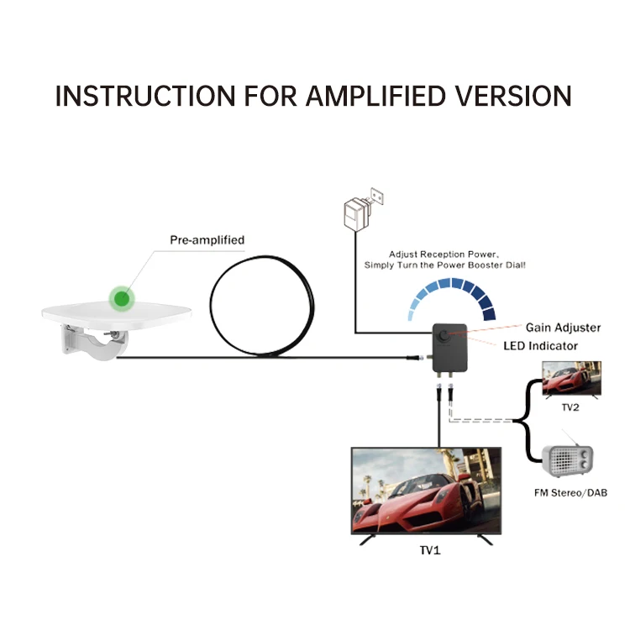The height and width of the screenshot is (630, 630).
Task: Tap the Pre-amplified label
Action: (x=207, y=240)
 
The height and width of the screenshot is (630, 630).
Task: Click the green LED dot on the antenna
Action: (x=123, y=297)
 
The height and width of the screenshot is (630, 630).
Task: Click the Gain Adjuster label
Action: (x=563, y=328)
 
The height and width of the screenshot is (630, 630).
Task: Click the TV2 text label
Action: (x=570, y=407)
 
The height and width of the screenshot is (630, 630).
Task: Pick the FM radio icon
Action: (x=570, y=460)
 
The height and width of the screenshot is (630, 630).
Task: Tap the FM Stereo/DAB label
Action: (x=570, y=493)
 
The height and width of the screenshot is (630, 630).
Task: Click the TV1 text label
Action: (x=429, y=551)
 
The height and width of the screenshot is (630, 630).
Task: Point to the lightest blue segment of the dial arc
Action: (x=413, y=313)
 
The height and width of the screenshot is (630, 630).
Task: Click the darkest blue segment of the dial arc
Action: (x=489, y=312)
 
